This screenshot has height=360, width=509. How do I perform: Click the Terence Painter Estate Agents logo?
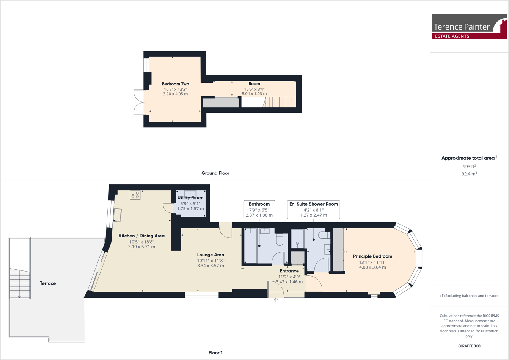(469, 27)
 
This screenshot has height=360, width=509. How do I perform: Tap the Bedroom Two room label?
(175, 84)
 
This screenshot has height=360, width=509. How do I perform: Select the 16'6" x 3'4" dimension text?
(254, 89)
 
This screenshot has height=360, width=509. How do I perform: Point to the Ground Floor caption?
(215, 173)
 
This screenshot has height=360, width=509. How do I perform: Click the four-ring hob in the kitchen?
(135, 195)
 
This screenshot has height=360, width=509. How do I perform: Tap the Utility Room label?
(190, 198)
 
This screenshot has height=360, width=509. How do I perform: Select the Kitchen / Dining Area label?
(141, 236)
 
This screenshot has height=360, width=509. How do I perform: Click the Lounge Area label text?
(211, 255)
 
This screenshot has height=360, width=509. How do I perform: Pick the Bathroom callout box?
(259, 209)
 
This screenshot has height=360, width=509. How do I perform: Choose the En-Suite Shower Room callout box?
(313, 209)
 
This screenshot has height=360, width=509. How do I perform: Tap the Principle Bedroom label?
(372, 256)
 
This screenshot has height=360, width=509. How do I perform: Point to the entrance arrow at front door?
(276, 300)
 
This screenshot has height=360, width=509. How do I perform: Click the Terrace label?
(48, 283)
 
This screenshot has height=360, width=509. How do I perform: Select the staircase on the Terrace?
(20, 283)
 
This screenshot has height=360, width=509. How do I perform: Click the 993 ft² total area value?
(469, 167)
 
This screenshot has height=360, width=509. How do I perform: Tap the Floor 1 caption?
(215, 353)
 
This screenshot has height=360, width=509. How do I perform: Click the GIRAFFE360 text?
(469, 346)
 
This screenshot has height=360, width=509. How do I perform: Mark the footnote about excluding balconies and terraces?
(469, 296)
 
